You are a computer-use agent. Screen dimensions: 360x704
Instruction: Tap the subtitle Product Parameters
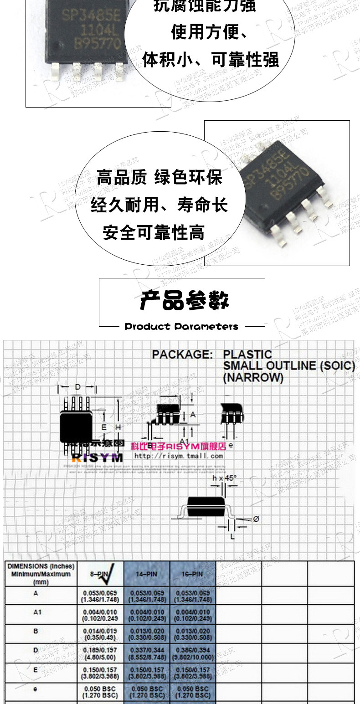(x=181, y=326)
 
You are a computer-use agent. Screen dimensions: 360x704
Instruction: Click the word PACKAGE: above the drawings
(x=182, y=355)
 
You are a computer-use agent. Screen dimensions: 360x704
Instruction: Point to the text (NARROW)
(x=253, y=378)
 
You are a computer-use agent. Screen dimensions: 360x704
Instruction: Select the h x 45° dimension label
(x=225, y=478)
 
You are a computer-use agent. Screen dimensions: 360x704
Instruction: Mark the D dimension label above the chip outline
(x=77, y=387)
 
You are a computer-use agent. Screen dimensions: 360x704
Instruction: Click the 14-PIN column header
(x=147, y=574)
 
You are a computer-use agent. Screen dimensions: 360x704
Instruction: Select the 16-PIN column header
(x=192, y=574)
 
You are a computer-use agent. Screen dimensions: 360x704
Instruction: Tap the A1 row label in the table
(x=37, y=612)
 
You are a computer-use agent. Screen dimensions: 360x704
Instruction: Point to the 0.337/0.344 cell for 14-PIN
(x=147, y=653)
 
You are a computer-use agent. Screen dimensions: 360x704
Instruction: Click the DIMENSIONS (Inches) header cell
(x=41, y=574)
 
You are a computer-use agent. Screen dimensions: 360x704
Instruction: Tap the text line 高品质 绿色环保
(x=159, y=178)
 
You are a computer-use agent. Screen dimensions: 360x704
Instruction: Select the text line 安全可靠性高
(x=154, y=232)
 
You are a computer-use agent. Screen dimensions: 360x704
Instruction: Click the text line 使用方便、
(x=210, y=33)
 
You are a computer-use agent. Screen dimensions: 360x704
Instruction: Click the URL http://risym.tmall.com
(x=179, y=456)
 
